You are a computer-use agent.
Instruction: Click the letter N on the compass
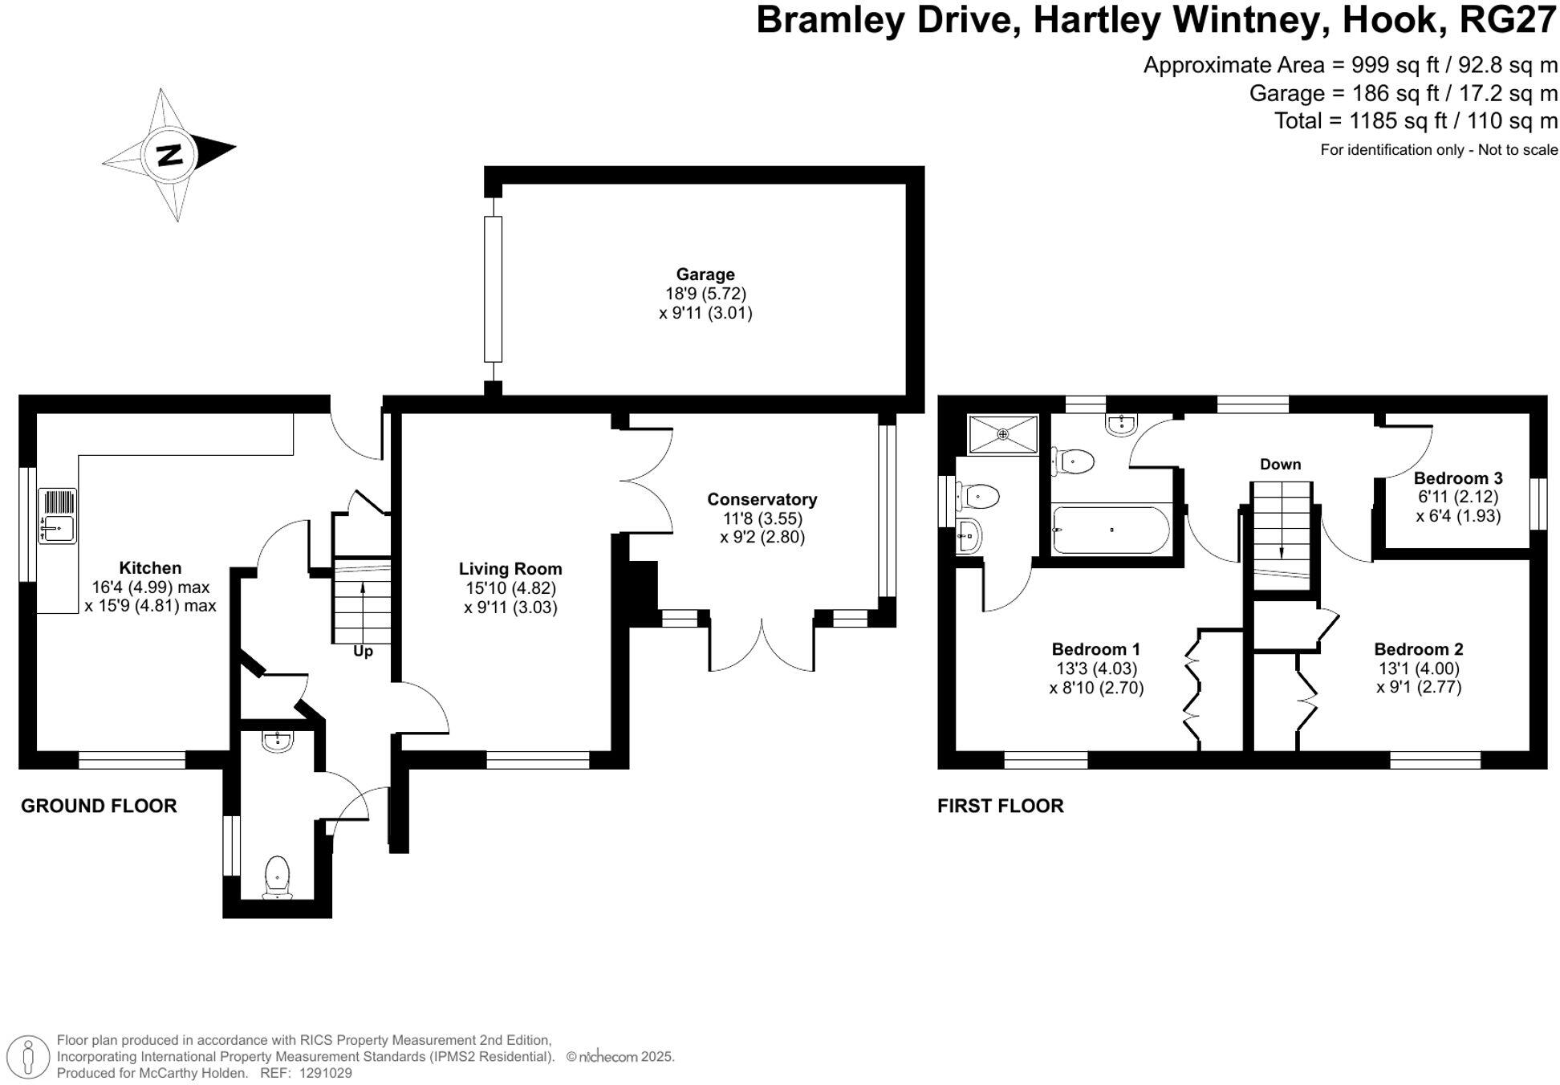pyautogui.click(x=169, y=154)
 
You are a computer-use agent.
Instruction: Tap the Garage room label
pyautogui.click(x=705, y=274)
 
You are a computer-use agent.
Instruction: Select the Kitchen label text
pyautogui.click(x=150, y=568)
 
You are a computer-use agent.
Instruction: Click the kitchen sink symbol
pyautogui.click(x=58, y=516)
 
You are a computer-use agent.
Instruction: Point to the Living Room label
pyautogui.click(x=510, y=569)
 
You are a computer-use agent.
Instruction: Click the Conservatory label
pyautogui.click(x=762, y=499)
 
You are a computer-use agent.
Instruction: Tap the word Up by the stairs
pyautogui.click(x=363, y=651)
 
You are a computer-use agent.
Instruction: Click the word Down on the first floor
pyautogui.click(x=1280, y=464)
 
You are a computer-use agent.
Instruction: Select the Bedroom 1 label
pyautogui.click(x=1095, y=648)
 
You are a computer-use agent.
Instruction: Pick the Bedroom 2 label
pyautogui.click(x=1418, y=648)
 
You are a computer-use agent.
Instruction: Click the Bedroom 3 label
pyautogui.click(x=1457, y=478)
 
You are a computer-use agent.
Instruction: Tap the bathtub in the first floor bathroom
pyautogui.click(x=1111, y=530)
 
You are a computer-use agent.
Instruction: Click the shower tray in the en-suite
pyautogui.click(x=1002, y=434)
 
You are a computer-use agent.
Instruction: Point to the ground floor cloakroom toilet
pyautogui.click(x=277, y=876)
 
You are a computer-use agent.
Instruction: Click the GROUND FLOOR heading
pyautogui.click(x=99, y=806)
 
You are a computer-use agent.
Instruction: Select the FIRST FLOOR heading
pyautogui.click(x=1000, y=806)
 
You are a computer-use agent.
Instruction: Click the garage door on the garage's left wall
pyautogui.click(x=493, y=289)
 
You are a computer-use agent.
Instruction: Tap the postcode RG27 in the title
pyautogui.click(x=1507, y=19)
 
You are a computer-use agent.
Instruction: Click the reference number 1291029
pyautogui.click(x=325, y=1073)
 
